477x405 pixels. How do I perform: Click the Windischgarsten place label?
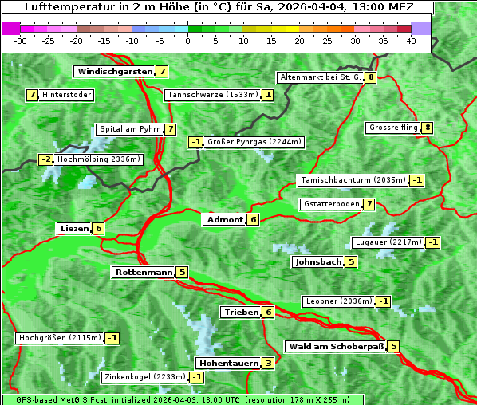[114, 71]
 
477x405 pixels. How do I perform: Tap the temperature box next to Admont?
[253, 219]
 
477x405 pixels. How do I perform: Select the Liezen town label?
[74, 228]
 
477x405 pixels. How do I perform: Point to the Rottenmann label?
[144, 272]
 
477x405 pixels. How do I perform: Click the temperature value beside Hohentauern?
[268, 363]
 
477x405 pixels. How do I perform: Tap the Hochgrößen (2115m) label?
[60, 338]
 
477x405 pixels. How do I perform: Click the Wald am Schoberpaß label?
[335, 346]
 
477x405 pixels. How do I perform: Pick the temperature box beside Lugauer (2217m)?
[432, 242]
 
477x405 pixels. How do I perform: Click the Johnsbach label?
[318, 261]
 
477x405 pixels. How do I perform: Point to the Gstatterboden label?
[330, 204]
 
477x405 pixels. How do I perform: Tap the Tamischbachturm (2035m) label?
[351, 180]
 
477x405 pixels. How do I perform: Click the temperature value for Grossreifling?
[428, 128]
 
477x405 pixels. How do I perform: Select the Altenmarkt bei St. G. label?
[320, 77]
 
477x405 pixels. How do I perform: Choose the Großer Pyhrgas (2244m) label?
[254, 142]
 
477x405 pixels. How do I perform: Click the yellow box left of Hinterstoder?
[33, 95]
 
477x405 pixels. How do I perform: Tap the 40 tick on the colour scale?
[411, 41]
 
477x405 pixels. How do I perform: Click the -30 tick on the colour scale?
[22, 41]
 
